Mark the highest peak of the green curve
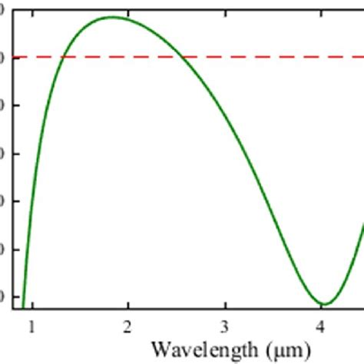[113, 17]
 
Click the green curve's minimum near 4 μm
[323, 304]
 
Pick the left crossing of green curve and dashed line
[62, 57]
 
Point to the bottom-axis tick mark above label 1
[32, 304]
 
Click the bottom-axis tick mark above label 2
[128, 304]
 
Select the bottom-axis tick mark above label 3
[225, 304]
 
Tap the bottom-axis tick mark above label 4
[321, 305]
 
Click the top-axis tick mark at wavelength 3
[225, 4]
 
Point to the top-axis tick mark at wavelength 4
[321, 4]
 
